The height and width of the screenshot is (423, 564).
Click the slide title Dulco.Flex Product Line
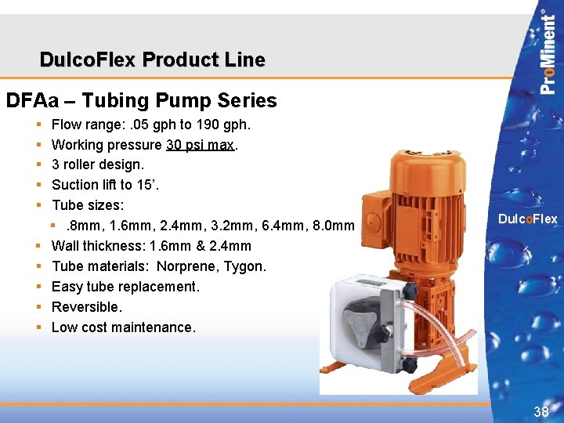point(152,60)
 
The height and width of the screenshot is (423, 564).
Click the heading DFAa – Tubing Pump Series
point(141,100)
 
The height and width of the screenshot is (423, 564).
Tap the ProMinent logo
point(549,52)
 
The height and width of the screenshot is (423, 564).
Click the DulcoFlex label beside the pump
point(527,219)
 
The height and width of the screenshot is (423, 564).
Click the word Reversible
point(86,307)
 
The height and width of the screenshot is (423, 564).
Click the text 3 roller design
point(98,165)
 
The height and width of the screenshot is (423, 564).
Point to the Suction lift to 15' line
point(96,185)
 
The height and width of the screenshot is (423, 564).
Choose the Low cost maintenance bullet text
point(123,327)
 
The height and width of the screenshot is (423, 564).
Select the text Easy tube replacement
point(125,287)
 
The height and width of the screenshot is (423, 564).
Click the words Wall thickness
point(97,246)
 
